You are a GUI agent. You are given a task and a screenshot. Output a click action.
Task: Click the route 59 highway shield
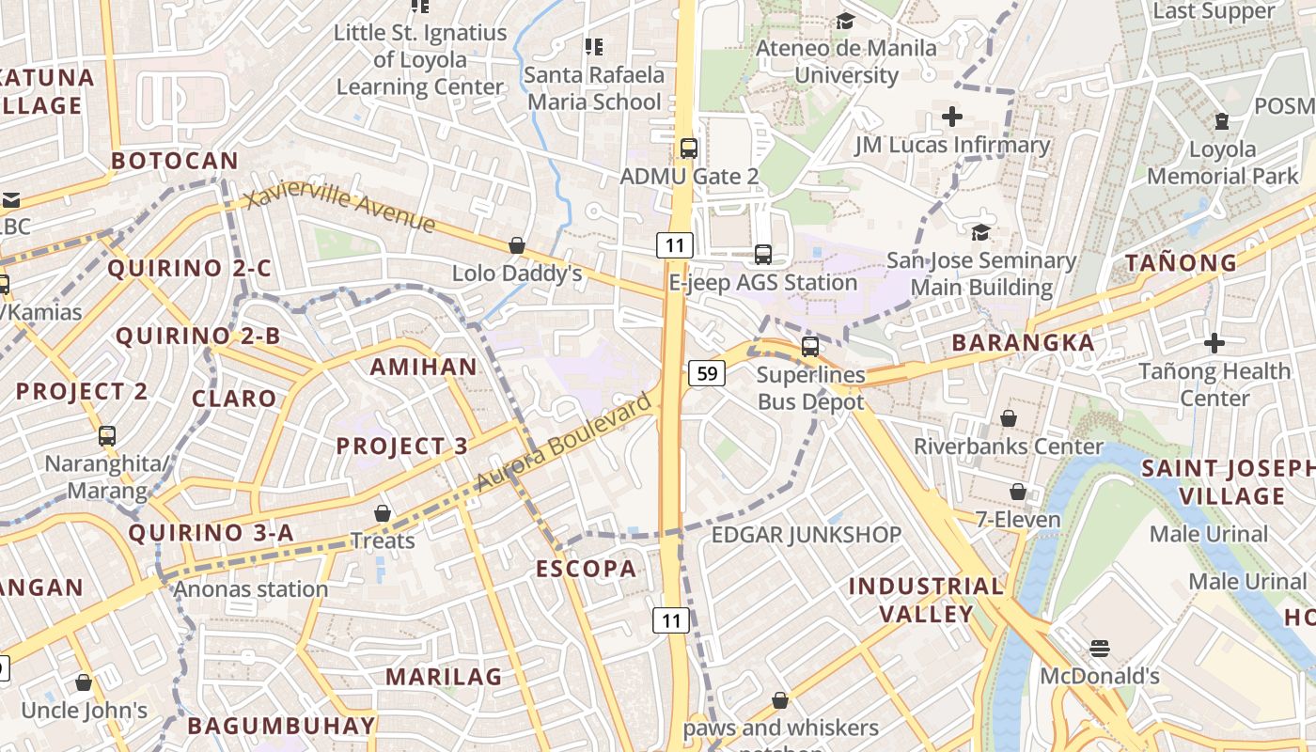click(x=707, y=373)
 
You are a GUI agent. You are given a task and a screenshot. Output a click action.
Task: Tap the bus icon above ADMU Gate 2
click(x=689, y=148)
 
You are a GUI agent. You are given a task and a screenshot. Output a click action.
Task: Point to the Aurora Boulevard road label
click(x=563, y=442)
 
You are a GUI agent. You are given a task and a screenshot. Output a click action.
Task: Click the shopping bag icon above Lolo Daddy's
click(x=516, y=245)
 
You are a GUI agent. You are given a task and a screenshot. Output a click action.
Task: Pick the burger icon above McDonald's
click(x=1099, y=648)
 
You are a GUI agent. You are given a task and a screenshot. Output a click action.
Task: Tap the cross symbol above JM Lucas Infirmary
click(x=952, y=117)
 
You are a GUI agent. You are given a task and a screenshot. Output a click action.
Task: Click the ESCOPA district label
click(x=587, y=568)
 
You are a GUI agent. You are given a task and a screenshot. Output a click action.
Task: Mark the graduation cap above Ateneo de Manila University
click(x=845, y=21)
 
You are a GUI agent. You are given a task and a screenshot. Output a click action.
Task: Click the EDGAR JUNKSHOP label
click(x=807, y=535)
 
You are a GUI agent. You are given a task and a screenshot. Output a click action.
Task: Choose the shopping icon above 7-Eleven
click(x=1017, y=492)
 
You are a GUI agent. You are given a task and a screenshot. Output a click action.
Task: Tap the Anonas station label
click(x=252, y=589)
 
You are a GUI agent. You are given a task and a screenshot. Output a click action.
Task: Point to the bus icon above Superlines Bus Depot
click(x=810, y=347)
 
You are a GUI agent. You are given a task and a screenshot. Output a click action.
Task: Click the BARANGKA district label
click(x=1024, y=343)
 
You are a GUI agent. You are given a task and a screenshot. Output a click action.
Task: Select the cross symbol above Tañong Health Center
click(x=1214, y=343)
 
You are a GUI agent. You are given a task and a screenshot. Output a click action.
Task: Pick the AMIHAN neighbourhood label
click(x=424, y=367)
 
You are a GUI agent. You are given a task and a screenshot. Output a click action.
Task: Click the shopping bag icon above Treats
click(x=382, y=513)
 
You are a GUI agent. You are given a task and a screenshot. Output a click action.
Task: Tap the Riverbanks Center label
click(x=1009, y=446)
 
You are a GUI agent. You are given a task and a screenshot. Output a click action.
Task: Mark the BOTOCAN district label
click(x=175, y=161)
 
